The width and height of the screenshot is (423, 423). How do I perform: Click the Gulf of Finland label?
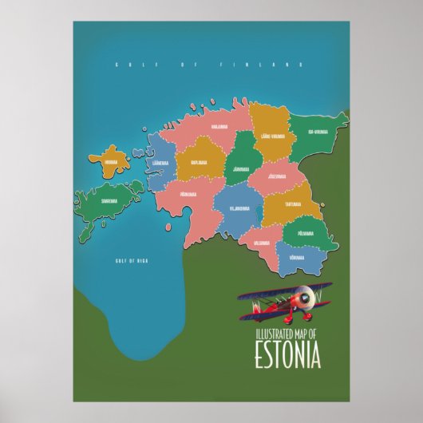tap(208, 63)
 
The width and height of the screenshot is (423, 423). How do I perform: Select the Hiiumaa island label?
tap(109, 163)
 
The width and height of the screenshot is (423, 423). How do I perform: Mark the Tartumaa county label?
tap(295, 204)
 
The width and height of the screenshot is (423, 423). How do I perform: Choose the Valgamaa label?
tap(262, 241)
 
